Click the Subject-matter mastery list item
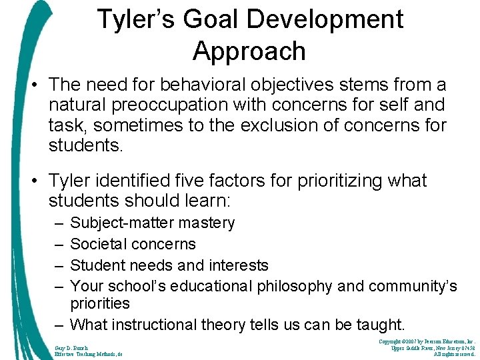point(152,223)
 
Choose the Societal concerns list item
point(133,244)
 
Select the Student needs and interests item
point(169,265)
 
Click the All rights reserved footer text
point(453,355)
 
